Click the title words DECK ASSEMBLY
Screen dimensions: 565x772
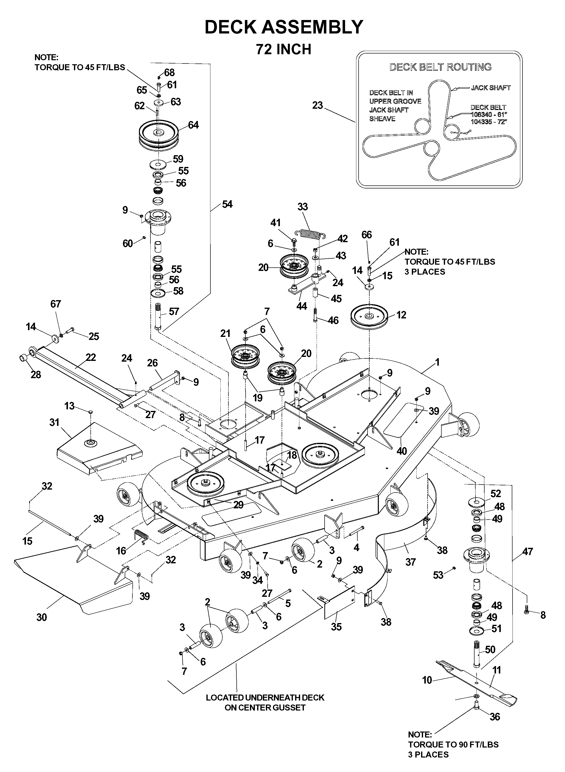click(284, 27)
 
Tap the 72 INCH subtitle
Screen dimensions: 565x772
click(284, 49)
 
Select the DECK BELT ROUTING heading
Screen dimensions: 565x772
click(441, 67)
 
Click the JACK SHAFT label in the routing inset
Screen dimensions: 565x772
click(491, 88)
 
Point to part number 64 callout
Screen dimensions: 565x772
click(193, 125)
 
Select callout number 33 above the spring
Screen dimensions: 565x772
click(302, 207)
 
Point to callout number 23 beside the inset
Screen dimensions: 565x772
click(317, 105)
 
